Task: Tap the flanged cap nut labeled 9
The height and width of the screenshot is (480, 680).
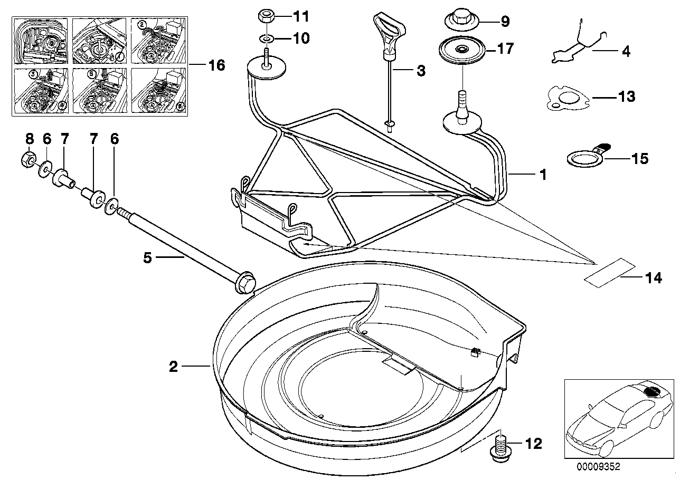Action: pos(459,21)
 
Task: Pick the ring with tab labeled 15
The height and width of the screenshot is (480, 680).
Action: pos(582,158)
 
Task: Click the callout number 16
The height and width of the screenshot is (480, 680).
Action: pos(216,65)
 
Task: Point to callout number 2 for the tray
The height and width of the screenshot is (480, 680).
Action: pos(173,366)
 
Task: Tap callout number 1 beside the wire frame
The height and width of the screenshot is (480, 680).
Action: pos(542,175)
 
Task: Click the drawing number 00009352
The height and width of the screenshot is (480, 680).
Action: pos(598,466)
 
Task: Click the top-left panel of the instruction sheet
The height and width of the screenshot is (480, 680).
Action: pos(41,41)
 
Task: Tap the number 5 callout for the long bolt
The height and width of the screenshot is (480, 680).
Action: pos(147,257)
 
